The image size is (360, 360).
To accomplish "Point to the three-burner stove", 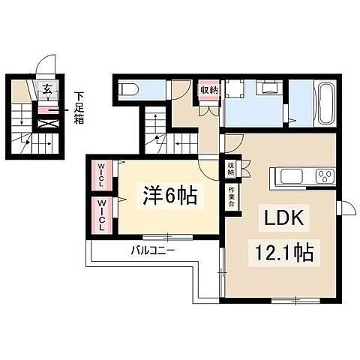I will click(325, 178).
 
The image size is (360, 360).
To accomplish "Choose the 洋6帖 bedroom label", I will click(170, 196).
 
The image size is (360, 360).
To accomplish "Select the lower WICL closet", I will click(100, 214).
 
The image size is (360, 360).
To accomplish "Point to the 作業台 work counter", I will click(231, 197).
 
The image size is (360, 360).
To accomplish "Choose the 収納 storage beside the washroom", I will click(208, 91).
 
